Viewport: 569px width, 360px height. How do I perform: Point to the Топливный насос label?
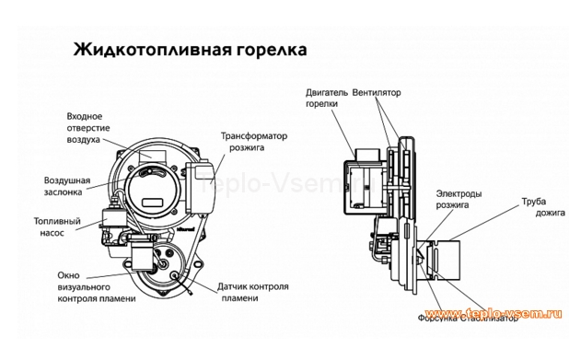point(57,228)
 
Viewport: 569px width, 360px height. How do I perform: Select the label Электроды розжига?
point(459,200)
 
